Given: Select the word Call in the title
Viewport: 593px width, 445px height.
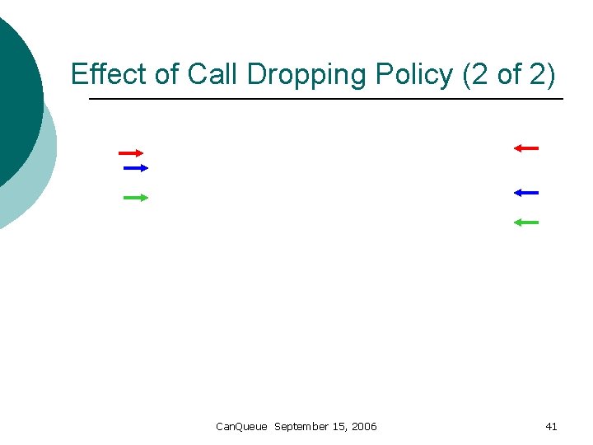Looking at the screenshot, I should coord(210,74).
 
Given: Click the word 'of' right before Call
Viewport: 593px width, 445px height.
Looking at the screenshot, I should coord(167,74).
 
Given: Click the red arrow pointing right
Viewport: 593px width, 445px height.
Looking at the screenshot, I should coord(131,153).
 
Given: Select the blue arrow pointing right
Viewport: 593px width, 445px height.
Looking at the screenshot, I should coord(135,168).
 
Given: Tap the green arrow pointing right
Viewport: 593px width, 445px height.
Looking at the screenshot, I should coord(135,198).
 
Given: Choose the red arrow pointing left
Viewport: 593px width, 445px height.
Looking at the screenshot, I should coord(525,148).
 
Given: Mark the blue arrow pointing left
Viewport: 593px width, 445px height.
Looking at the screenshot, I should coord(525,193).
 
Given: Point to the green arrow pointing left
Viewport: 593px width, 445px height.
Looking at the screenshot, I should coord(525,222).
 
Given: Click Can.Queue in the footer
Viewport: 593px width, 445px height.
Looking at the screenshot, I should coord(241,426).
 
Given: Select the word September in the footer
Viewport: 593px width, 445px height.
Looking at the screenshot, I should coord(301,426).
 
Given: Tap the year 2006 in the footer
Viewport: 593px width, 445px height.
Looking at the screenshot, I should coord(363,426).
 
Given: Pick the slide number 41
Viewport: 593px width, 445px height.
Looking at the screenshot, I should coord(551,426).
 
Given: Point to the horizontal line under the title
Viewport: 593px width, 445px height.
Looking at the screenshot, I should coord(326,100).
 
